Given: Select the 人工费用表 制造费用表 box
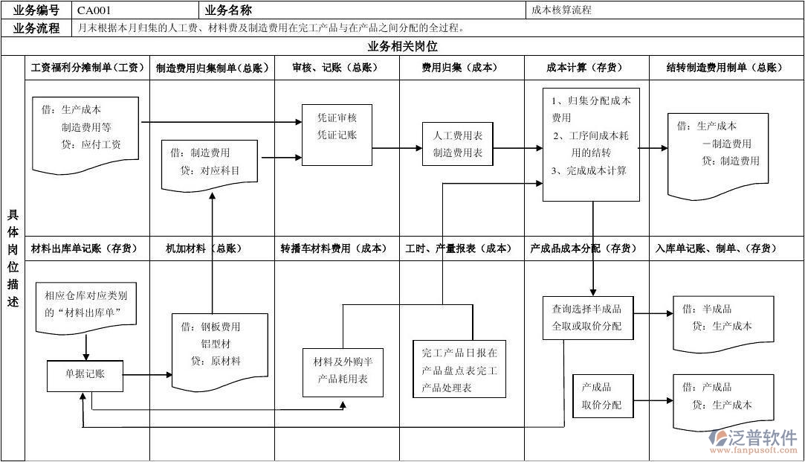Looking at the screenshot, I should click(x=458, y=144).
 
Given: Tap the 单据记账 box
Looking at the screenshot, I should click(x=85, y=375).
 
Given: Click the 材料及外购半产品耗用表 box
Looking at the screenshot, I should click(x=343, y=370).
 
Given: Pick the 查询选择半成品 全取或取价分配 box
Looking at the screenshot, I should click(x=586, y=318).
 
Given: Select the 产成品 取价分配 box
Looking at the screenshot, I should click(x=601, y=396).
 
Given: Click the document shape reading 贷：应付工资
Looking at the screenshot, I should click(x=86, y=130).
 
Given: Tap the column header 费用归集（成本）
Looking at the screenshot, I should click(x=461, y=68).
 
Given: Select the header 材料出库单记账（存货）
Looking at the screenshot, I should click(x=85, y=248).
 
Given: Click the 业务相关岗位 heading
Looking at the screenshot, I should click(x=402, y=46).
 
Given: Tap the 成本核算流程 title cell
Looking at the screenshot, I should click(x=562, y=10).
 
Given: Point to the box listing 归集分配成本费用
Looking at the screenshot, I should click(x=591, y=144).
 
